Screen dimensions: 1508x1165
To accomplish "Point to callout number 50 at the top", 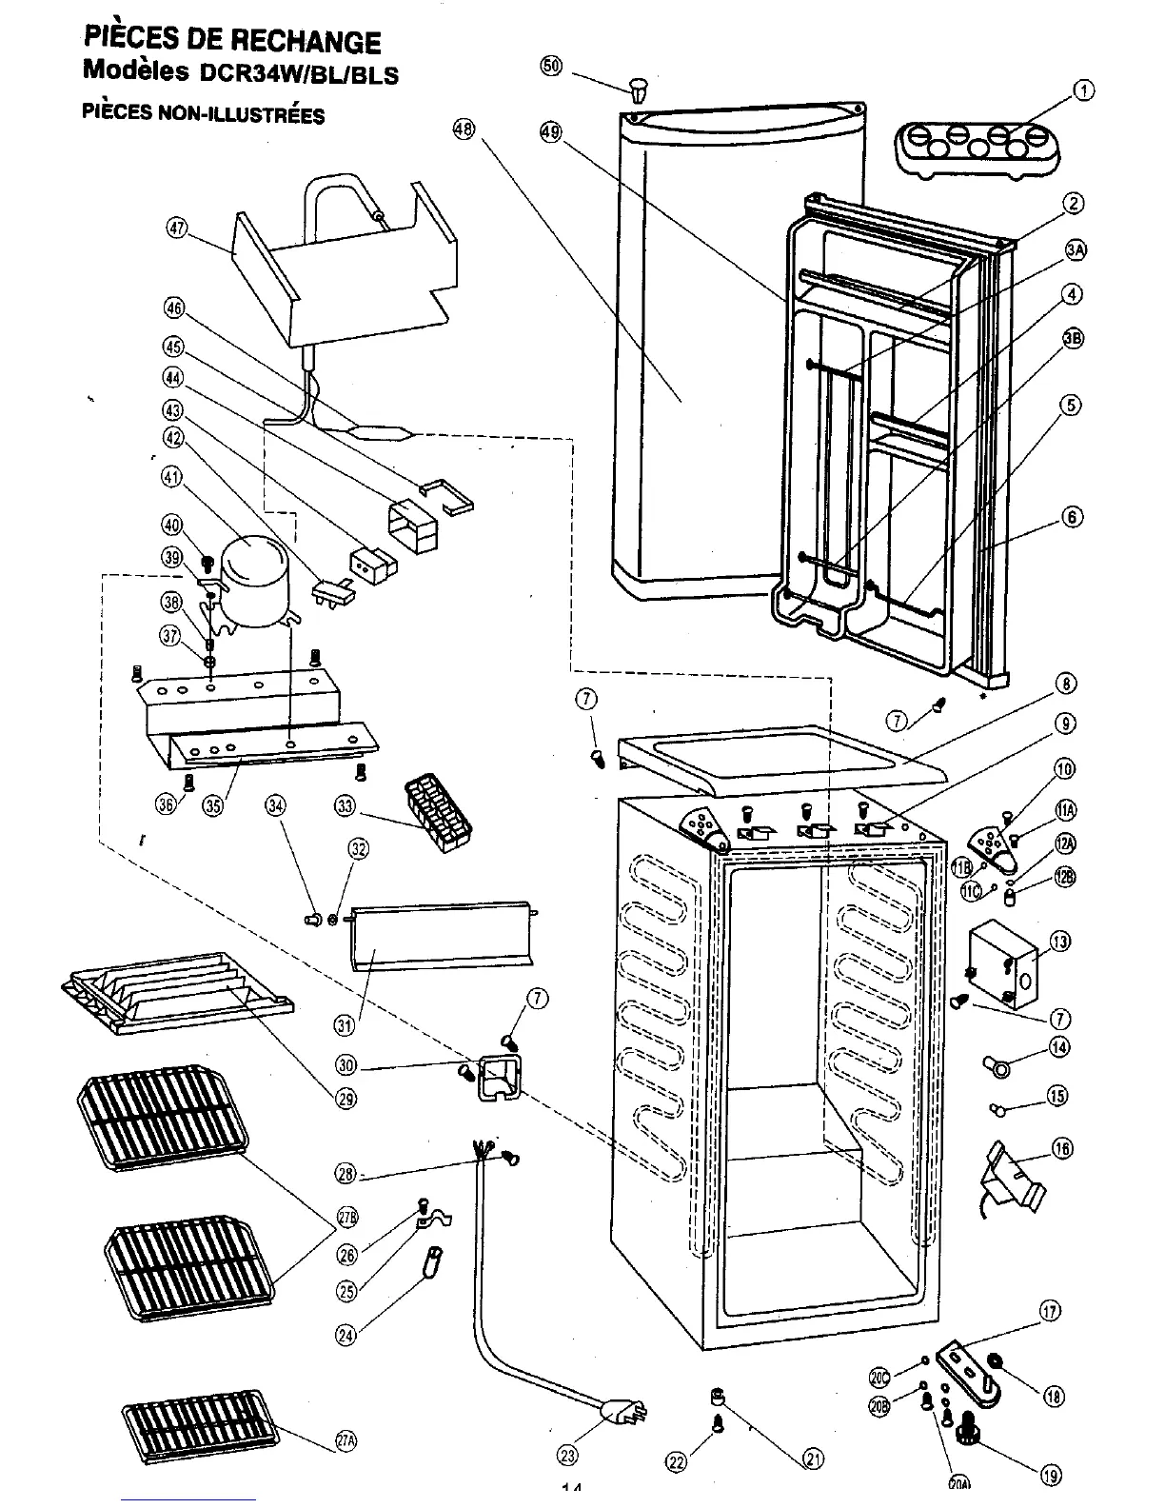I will point(551,66).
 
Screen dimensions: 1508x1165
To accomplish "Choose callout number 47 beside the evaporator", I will point(177,228).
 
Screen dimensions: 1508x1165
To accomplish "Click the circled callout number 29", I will point(346,1098).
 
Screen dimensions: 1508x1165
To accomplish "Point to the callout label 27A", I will point(346,1441).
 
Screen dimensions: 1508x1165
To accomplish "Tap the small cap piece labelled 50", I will point(637,90).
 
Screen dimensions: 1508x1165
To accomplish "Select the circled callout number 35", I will point(212,805).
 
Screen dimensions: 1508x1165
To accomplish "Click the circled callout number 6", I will point(1073,517).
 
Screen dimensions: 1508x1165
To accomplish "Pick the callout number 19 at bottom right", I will point(1051,1476).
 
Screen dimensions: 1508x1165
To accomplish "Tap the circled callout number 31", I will point(345,1024).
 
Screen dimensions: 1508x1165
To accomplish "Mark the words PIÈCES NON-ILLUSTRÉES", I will point(203,114).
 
